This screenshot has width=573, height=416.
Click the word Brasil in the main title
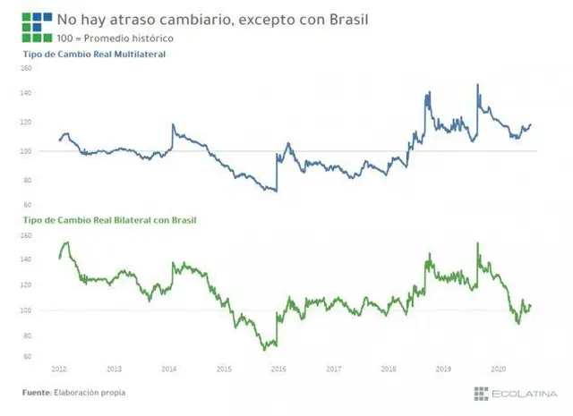click(348, 20)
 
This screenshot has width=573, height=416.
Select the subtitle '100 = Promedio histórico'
click(115, 38)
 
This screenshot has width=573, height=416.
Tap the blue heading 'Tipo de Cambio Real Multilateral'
click(94, 54)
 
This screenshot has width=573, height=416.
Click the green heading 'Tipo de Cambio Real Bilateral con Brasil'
click(109, 220)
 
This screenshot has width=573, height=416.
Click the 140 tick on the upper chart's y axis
click(26, 93)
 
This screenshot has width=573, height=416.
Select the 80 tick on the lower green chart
click(27, 335)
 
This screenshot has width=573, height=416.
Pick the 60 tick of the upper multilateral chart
click(27, 205)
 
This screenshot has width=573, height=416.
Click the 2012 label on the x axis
click(59, 369)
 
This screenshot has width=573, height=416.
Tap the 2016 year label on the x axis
click(278, 369)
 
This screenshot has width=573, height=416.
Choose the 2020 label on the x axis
click(498, 369)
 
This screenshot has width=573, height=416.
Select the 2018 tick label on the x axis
click(389, 369)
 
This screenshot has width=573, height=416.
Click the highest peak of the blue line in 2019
click(477, 85)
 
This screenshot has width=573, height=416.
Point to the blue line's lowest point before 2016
click(277, 191)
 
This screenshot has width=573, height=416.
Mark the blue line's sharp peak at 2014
click(173, 124)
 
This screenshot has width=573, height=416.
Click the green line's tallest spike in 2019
click(477, 243)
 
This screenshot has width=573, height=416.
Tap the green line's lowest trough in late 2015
click(265, 350)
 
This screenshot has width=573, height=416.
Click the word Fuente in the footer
click(37, 393)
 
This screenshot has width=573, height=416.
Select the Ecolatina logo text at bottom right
click(525, 394)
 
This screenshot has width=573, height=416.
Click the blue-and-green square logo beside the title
click(37, 28)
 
